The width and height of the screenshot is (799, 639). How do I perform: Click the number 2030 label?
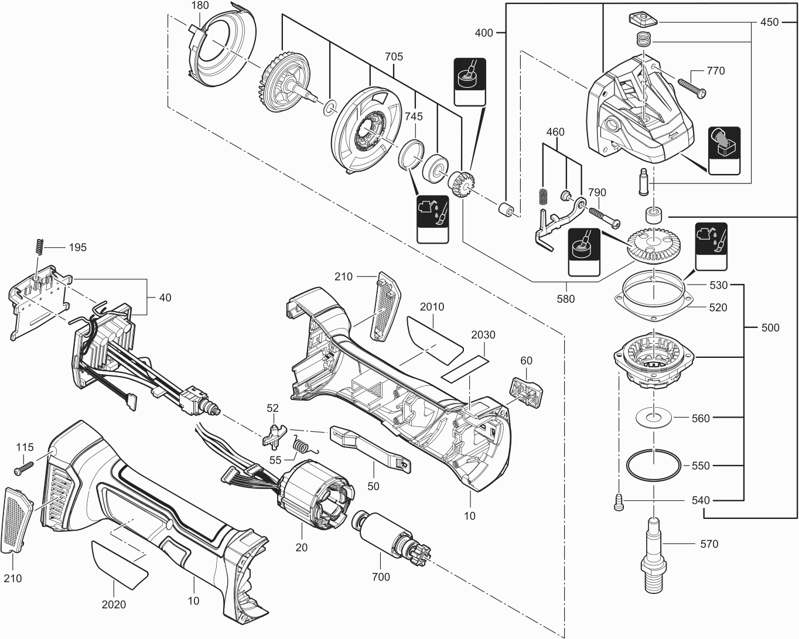pyautogui.click(x=483, y=335)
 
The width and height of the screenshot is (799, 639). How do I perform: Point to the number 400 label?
pyautogui.click(x=484, y=33)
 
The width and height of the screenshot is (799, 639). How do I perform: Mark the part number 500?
pyautogui.click(x=770, y=327)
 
